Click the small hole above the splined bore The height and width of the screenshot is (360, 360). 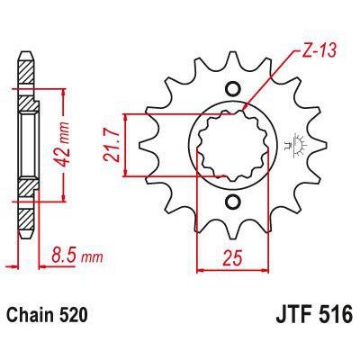pos(232,88)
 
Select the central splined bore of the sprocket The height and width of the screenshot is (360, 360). pos(232,145)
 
